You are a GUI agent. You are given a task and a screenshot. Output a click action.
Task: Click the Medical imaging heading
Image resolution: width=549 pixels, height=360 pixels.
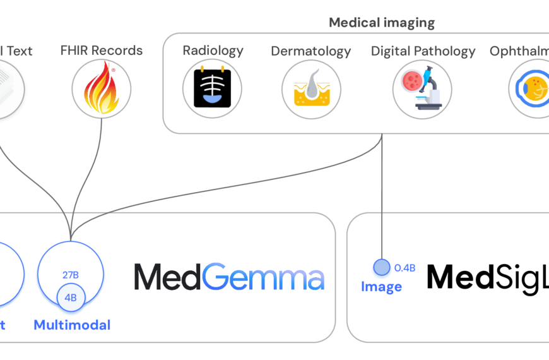382,23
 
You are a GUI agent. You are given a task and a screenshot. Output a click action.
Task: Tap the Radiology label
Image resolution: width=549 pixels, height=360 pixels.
213,51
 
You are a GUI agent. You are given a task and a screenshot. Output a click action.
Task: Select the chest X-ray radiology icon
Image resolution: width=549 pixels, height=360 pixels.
213,88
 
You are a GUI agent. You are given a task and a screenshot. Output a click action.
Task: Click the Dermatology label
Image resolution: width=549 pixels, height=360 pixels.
310,51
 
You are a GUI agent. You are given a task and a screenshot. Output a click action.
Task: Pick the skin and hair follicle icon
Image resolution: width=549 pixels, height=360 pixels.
311,89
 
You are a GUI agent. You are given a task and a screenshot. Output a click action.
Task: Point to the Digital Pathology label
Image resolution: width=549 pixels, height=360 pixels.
423,51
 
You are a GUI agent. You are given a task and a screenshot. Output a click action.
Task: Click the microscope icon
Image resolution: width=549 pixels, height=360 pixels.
422,89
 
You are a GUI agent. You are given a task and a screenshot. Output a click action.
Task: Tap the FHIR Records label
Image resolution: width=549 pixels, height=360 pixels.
102,51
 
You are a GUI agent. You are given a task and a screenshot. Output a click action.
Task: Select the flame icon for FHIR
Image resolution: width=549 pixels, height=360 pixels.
102,89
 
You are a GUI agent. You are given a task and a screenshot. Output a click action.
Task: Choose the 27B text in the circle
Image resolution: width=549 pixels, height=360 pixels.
70,275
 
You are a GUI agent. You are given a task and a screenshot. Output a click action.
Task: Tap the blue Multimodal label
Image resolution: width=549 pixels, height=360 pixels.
72,325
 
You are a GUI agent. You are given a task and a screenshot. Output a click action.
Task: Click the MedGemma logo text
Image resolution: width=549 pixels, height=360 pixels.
229,277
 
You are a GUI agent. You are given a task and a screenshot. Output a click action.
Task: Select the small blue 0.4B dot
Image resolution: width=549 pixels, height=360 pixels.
382,267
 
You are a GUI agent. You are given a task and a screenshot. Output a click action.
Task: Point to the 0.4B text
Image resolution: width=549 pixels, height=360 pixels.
404,268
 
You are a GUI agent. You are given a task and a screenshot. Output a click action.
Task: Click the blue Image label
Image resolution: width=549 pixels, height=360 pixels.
381,287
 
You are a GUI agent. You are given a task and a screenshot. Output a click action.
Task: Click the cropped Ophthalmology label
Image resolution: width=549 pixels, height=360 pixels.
519,51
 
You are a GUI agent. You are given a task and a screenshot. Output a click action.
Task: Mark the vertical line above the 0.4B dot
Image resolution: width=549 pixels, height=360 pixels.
382,202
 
